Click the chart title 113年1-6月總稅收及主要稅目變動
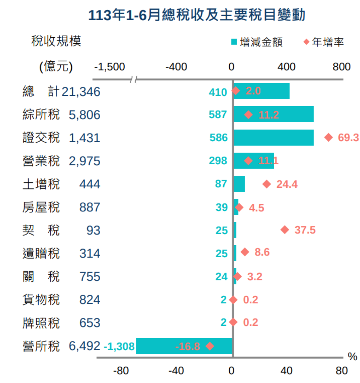click(x=196, y=15)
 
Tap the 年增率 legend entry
click(x=324, y=42)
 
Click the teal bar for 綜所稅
click(x=274, y=114)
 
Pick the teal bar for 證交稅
click(x=274, y=137)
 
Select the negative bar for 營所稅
click(x=184, y=346)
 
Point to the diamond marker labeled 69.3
click(x=329, y=137)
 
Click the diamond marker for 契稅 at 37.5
click(x=285, y=230)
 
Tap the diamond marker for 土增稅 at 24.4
click(x=267, y=184)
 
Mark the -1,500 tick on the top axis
click(x=109, y=67)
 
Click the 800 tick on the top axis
click(x=341, y=67)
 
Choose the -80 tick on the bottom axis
click(x=121, y=371)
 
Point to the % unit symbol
click(x=352, y=357)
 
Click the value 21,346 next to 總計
click(x=81, y=92)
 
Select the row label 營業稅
click(x=41, y=161)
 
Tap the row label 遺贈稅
click(x=41, y=253)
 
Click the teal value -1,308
click(x=119, y=346)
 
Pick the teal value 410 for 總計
click(x=218, y=92)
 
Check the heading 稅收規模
click(x=56, y=41)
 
